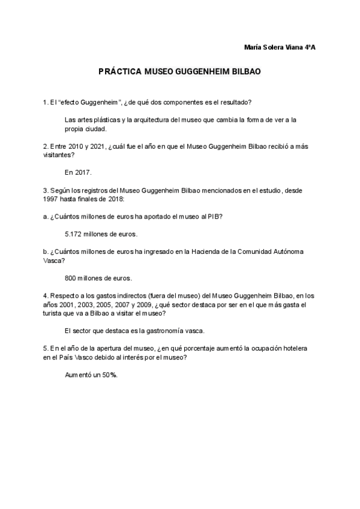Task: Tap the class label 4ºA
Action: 310,47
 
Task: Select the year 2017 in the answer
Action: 83,172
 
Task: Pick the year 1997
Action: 51,199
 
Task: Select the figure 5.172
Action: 74,233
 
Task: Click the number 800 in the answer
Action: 70,278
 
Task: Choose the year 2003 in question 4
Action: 85,305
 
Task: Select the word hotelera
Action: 295,348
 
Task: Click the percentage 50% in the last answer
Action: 109,375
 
